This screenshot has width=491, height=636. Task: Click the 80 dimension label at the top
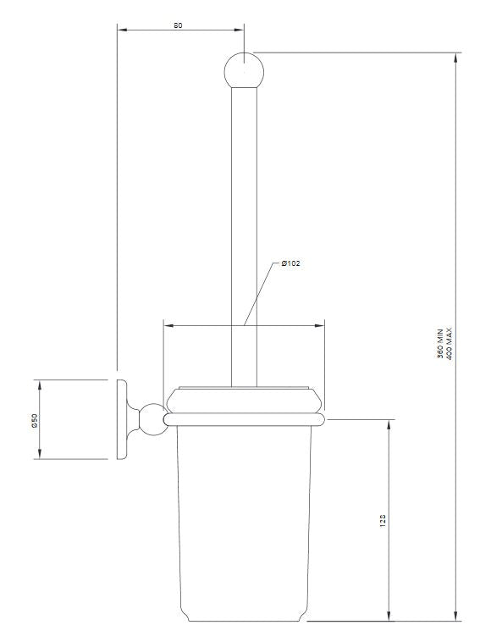point(178,25)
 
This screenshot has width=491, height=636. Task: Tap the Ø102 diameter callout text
point(291,263)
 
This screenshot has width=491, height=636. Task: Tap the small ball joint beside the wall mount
point(151,418)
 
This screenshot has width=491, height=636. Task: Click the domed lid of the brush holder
point(244,399)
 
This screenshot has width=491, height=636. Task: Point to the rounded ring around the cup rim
point(244,418)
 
